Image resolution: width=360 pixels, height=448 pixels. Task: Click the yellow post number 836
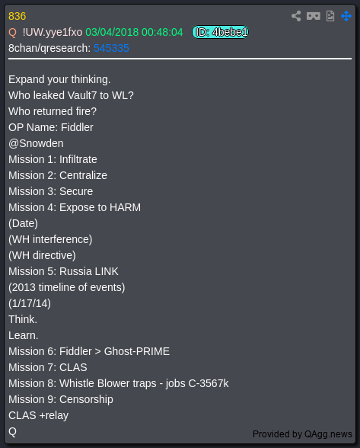[18, 16]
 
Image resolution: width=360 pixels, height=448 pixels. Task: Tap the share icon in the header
[296, 16]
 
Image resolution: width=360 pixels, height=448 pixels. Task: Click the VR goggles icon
[313, 16]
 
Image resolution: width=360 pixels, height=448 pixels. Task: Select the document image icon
[330, 16]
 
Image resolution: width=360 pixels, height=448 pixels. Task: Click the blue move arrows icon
[346, 16]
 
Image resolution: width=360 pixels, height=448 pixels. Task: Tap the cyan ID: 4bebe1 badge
[220, 32]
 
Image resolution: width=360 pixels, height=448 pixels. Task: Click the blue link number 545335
[111, 48]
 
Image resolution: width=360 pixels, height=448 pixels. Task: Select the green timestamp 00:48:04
[162, 32]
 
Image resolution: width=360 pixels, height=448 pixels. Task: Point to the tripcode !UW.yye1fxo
[53, 32]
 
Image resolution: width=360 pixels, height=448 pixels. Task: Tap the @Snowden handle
[36, 143]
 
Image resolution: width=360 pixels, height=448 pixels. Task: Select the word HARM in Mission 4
[125, 207]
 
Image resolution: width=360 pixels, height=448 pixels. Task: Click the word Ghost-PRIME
[137, 351]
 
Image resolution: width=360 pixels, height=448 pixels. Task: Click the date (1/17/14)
[30, 303]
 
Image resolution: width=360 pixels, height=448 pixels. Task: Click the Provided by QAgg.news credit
[302, 434]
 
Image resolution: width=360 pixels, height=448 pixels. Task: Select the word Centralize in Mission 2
[83, 175]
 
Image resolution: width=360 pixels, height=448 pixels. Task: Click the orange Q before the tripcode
[13, 32]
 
